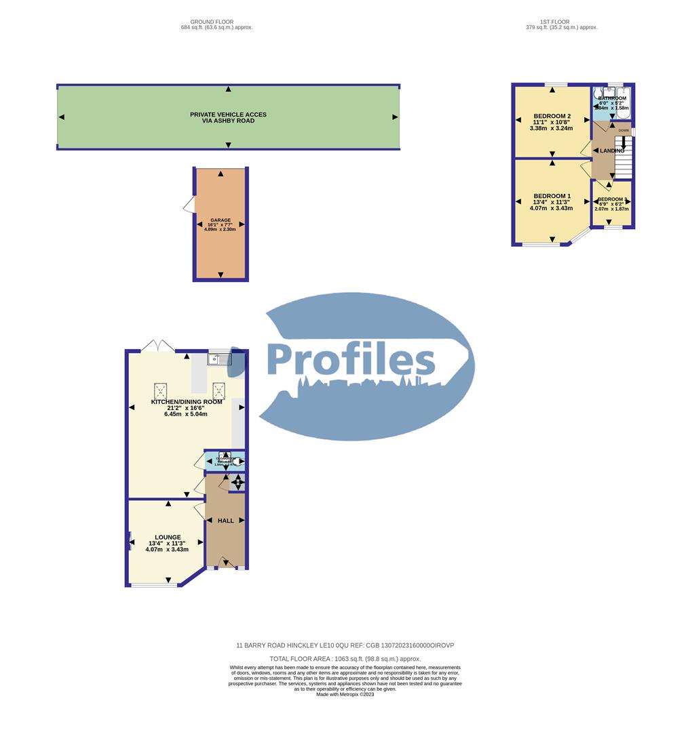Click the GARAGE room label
click(220, 220)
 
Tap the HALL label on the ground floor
click(226, 521)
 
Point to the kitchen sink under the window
click(219, 359)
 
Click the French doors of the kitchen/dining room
click(158, 346)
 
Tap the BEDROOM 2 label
click(552, 115)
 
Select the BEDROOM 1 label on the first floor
click(552, 196)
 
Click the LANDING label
click(611, 150)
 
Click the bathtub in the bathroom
click(623, 102)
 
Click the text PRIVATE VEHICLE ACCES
click(228, 115)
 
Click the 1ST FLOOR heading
click(554, 22)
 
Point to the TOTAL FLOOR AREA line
click(345, 659)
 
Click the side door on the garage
click(188, 204)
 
